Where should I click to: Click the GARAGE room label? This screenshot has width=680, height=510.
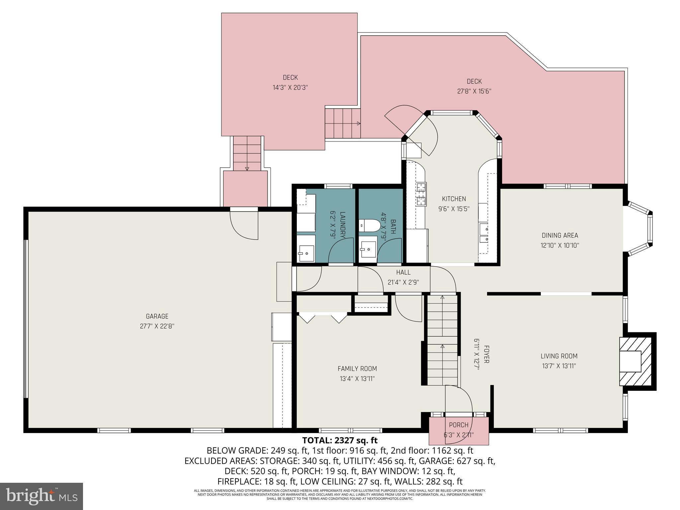157,316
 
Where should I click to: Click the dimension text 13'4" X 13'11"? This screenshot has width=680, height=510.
357,379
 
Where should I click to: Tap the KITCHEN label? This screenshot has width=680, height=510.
454,199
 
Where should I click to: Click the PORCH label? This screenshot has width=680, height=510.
459,425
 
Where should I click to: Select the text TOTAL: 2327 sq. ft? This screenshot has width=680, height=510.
340,440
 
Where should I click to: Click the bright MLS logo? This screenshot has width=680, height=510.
42,496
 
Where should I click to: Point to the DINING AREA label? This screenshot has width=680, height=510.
560,235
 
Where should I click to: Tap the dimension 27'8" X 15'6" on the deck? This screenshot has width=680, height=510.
474,91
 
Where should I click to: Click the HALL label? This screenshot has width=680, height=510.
403,272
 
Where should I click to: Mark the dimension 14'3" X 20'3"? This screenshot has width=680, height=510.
290,88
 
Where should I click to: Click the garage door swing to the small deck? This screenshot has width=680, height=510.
245,226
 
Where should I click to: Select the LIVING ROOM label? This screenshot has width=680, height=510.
559,356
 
